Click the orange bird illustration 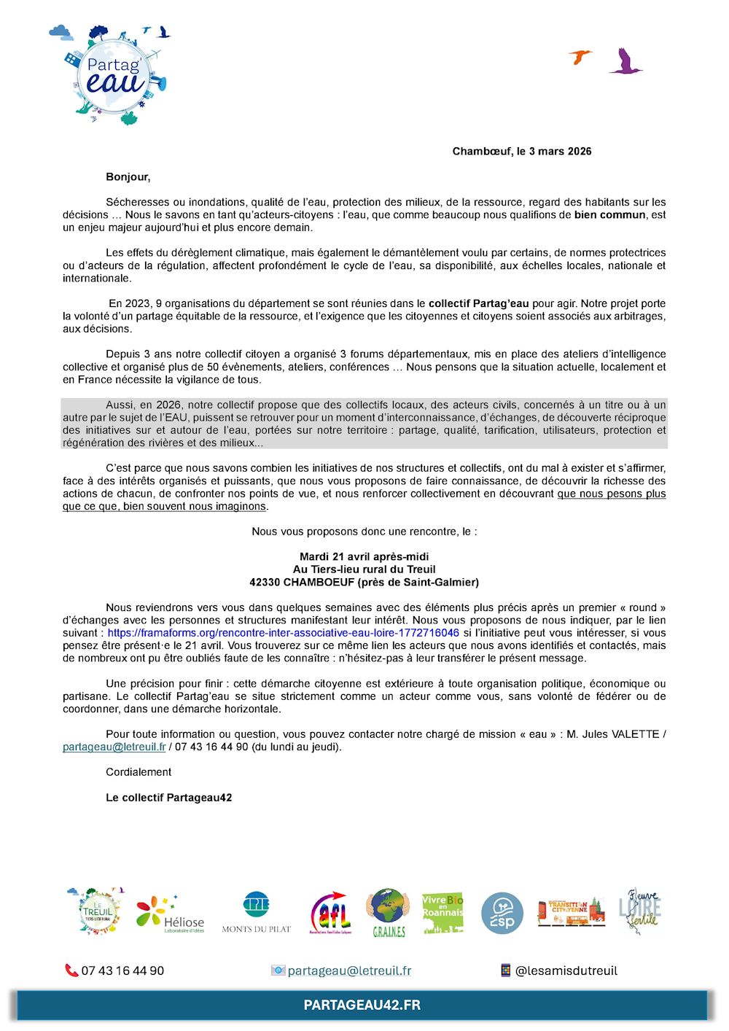580,57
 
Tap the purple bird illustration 625,63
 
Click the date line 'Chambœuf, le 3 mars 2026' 521,152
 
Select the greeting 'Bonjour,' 128,177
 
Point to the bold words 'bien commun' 609,215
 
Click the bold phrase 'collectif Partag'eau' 478,303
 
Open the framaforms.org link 283,633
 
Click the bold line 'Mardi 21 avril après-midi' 364,557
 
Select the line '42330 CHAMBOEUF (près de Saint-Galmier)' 364,583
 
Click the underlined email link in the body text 114,747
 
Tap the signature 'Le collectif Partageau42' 168,798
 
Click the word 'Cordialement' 139,772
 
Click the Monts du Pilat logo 256,912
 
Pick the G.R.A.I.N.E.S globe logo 388,912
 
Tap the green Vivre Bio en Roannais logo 443,912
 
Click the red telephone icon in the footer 71,970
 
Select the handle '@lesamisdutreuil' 566,970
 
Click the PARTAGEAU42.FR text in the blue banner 362,1005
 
